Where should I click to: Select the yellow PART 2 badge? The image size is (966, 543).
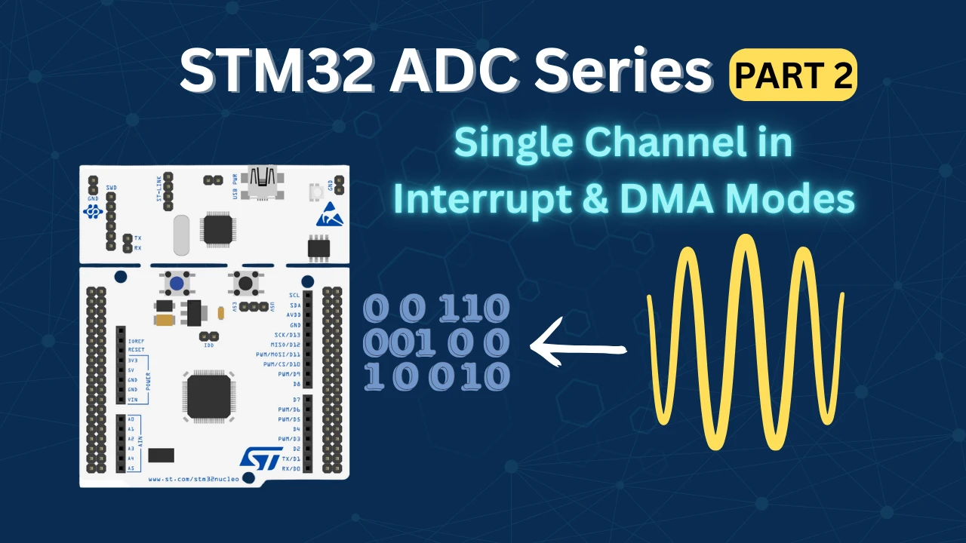[792, 75]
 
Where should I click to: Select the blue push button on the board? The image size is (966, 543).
[176, 284]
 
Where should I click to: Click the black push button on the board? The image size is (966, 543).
[245, 284]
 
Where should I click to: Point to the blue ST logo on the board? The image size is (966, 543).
[260, 458]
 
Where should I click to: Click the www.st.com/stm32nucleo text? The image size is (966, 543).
[193, 478]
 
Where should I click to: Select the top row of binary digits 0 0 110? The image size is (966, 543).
[436, 308]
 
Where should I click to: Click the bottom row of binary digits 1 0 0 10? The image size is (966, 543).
[436, 376]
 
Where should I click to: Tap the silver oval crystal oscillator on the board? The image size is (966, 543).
[180, 235]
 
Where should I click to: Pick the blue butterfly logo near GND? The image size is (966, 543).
[93, 212]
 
